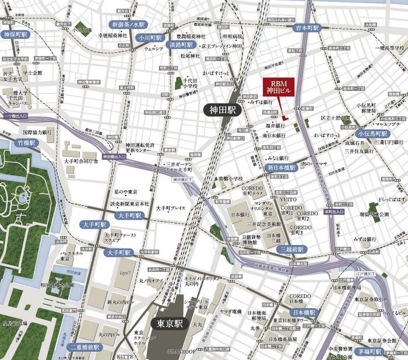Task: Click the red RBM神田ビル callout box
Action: [278, 86]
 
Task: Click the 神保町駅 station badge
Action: [16, 34]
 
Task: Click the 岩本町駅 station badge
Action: [307, 28]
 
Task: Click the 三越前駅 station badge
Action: [293, 249]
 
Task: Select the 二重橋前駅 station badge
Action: [85, 347]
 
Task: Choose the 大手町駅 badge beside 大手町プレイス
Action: [129, 215]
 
